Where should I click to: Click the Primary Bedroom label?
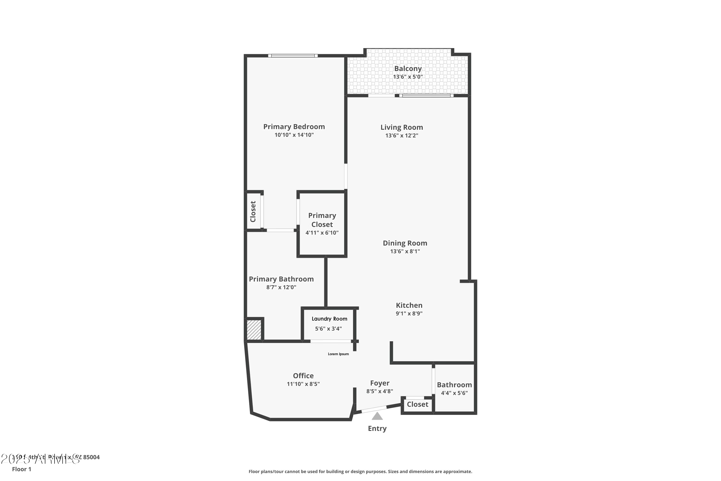(294, 127)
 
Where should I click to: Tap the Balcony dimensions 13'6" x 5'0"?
(408, 77)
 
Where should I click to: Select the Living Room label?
(402, 127)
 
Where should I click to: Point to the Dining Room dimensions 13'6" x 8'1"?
(405, 251)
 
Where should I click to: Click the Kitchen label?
(409, 305)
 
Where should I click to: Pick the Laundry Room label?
(329, 319)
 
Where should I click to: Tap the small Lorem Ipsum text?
(338, 354)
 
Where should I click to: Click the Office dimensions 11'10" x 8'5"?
(303, 384)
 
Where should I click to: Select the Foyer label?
(379, 383)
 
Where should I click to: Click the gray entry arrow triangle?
(377, 417)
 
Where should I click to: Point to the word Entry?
(377, 429)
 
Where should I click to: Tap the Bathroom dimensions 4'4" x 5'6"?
(454, 393)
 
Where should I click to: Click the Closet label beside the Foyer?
(417, 404)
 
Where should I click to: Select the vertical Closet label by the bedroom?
(253, 211)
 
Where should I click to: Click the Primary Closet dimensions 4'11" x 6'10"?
(322, 233)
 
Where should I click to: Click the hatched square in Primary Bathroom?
(254, 330)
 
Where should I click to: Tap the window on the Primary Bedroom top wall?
(293, 56)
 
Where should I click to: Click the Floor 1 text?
(21, 469)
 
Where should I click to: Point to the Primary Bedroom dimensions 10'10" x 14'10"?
(294, 135)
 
